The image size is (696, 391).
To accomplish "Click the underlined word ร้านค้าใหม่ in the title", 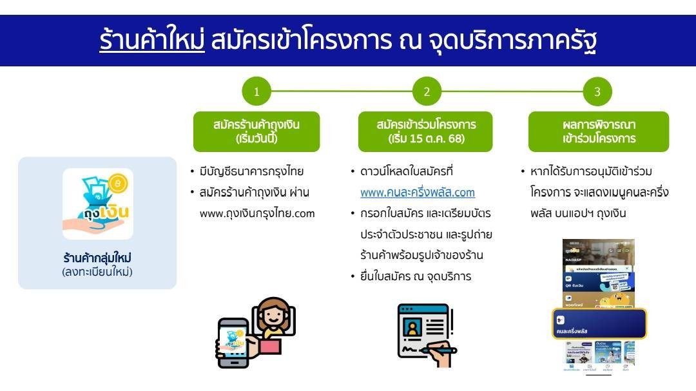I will point(152,40).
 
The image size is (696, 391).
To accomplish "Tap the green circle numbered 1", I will point(256,91).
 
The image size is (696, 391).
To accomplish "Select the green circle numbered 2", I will point(427,91).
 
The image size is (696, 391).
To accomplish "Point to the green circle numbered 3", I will point(597,91).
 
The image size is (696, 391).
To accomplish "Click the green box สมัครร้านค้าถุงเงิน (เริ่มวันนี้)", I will point(256,131).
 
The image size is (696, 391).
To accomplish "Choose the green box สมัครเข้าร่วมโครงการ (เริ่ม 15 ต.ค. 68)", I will point(426,131).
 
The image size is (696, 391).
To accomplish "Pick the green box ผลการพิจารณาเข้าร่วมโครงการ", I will point(598,131).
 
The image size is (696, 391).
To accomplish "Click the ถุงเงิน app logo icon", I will point(98,204).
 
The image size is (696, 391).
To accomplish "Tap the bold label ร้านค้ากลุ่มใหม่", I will point(97,258).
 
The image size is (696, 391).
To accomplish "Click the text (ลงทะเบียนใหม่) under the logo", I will point(97,272).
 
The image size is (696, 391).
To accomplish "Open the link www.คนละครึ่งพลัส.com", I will point(417,193).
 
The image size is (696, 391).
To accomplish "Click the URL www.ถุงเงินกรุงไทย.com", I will point(257,213).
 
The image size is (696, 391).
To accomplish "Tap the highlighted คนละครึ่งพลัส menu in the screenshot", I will point(599,324).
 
